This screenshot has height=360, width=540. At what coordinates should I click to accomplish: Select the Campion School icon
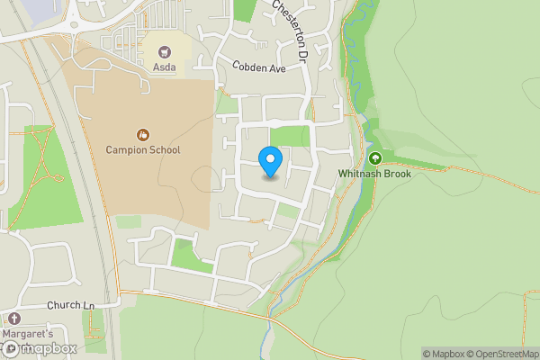142,135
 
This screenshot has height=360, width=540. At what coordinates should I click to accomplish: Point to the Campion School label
142,150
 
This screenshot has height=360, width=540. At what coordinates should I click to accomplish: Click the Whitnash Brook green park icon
374,157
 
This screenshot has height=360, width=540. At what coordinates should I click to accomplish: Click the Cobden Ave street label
258,67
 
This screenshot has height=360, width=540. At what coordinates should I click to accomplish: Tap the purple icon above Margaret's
13,319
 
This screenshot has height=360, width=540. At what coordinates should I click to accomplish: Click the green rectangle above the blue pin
289,136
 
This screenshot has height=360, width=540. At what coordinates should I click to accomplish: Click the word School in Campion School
163,150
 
